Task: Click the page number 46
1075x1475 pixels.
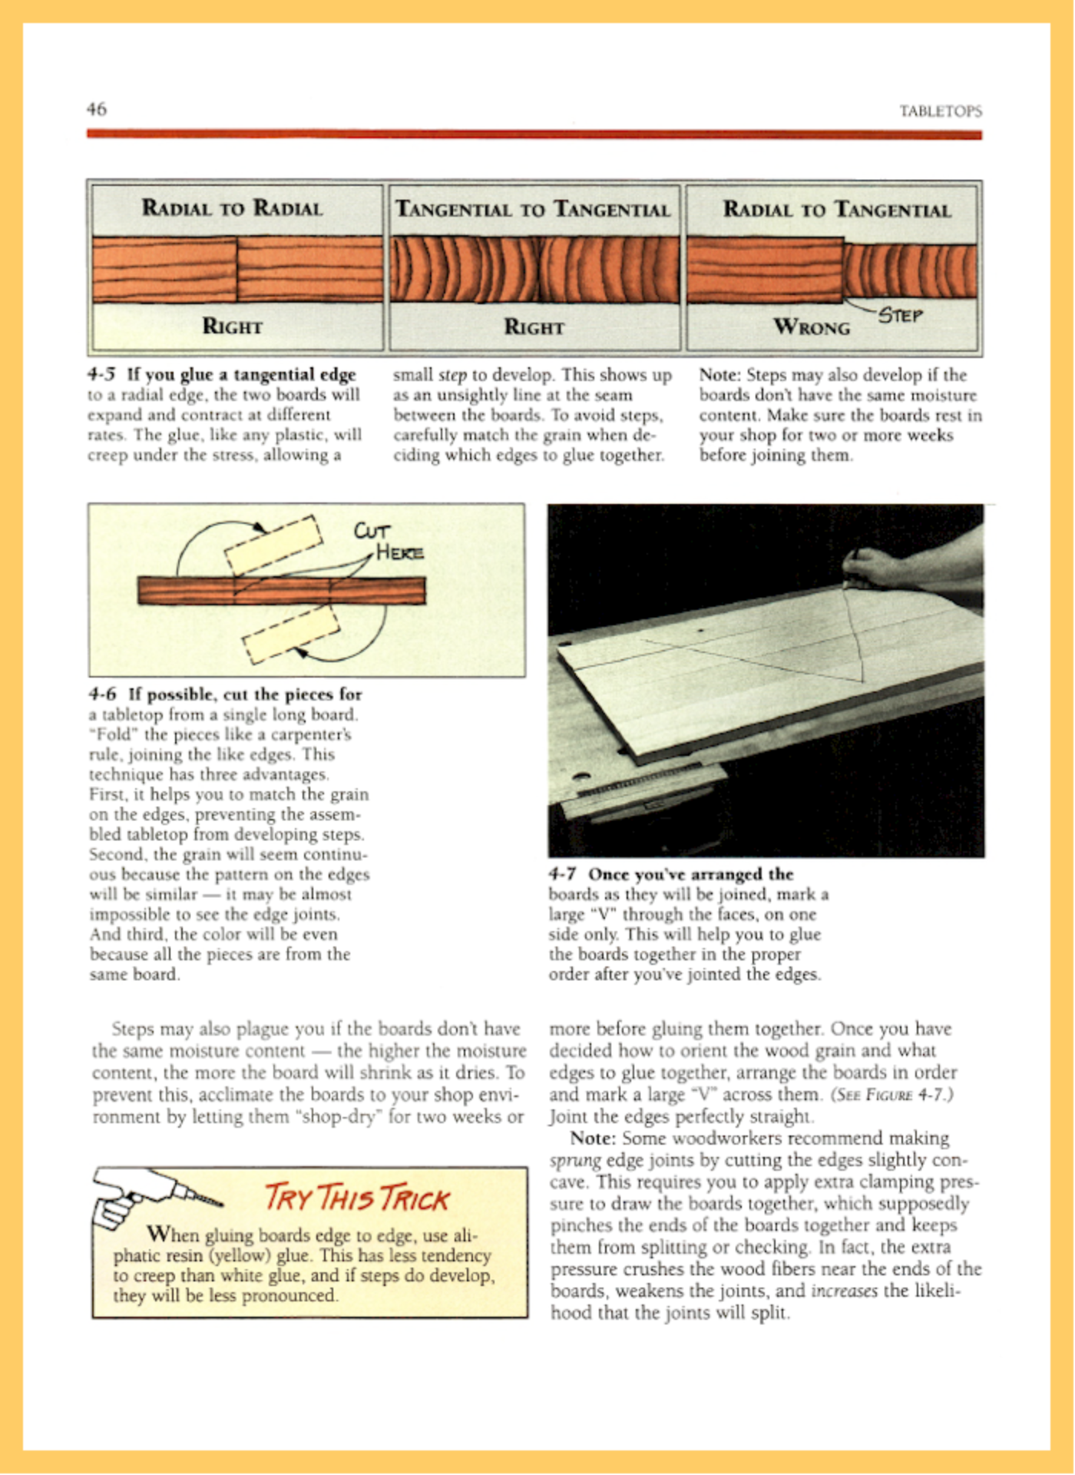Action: click(97, 109)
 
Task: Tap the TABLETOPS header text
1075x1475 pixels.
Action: click(940, 111)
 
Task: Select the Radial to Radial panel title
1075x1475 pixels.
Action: click(232, 208)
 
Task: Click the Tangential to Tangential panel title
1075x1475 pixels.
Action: click(533, 210)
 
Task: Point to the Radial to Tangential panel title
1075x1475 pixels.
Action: click(836, 210)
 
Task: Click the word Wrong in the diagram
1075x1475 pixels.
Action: click(812, 327)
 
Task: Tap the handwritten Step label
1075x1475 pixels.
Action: click(900, 316)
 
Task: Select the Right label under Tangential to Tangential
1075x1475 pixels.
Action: click(534, 327)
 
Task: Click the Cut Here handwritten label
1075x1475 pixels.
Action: click(388, 542)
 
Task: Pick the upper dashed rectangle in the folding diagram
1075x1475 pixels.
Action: click(273, 545)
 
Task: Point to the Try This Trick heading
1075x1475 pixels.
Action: click(356, 1198)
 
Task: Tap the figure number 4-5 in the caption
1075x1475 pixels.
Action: click(101, 375)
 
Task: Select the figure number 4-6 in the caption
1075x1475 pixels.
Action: click(102, 694)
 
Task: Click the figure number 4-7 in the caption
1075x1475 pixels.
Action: click(562, 874)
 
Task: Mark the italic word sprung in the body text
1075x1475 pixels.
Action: click(575, 1160)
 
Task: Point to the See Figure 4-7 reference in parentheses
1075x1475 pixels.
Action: click(891, 1094)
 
